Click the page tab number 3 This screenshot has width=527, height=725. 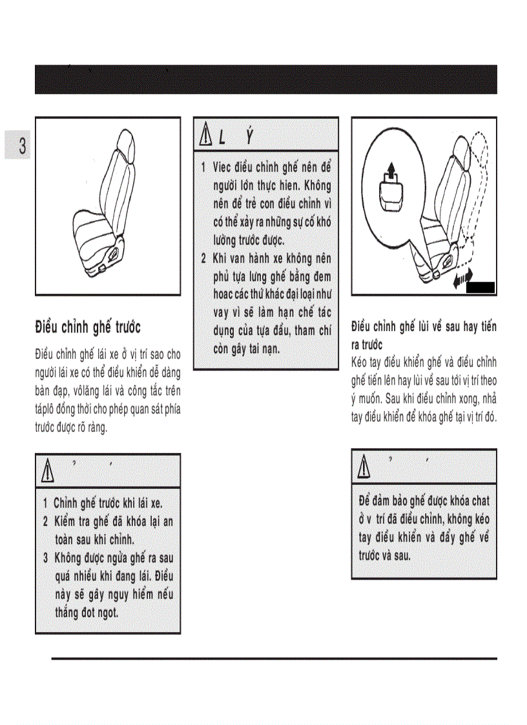tap(22, 145)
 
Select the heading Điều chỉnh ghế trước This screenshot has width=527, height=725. tap(87, 327)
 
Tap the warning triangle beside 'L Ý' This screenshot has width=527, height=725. tap(205, 136)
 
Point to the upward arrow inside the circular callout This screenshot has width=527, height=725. tap(389, 173)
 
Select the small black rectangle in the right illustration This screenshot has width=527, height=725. tap(480, 288)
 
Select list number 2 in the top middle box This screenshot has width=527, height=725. tap(203, 259)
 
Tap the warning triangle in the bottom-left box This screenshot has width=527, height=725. tap(48, 472)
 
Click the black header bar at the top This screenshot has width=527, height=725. tap(265, 79)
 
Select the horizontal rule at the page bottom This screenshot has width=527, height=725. tap(274, 659)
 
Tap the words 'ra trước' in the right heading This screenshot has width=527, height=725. tap(367, 345)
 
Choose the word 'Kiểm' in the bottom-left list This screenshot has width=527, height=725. tap(67, 521)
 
